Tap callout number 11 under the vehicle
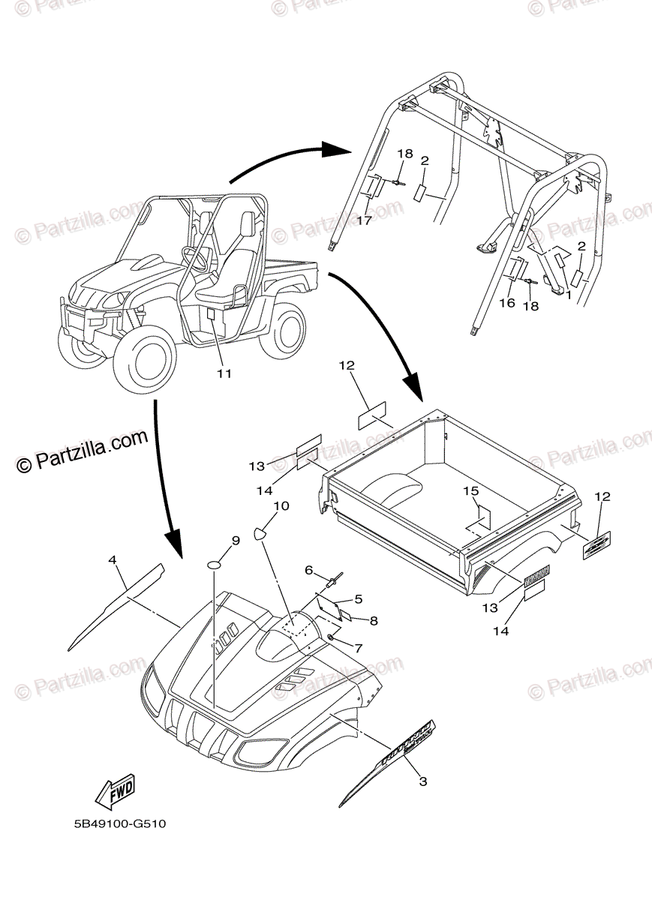coord(224,373)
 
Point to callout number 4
coord(113,559)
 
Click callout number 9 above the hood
coord(235,540)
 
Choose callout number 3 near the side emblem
coord(422,781)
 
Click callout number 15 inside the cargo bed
coord(470,491)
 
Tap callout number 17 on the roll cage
coord(365,220)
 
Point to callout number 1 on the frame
coord(569,295)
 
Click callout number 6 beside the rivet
coord(308,571)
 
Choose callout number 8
coord(373,620)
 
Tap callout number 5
coord(358,598)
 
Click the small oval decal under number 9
coord(215,564)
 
